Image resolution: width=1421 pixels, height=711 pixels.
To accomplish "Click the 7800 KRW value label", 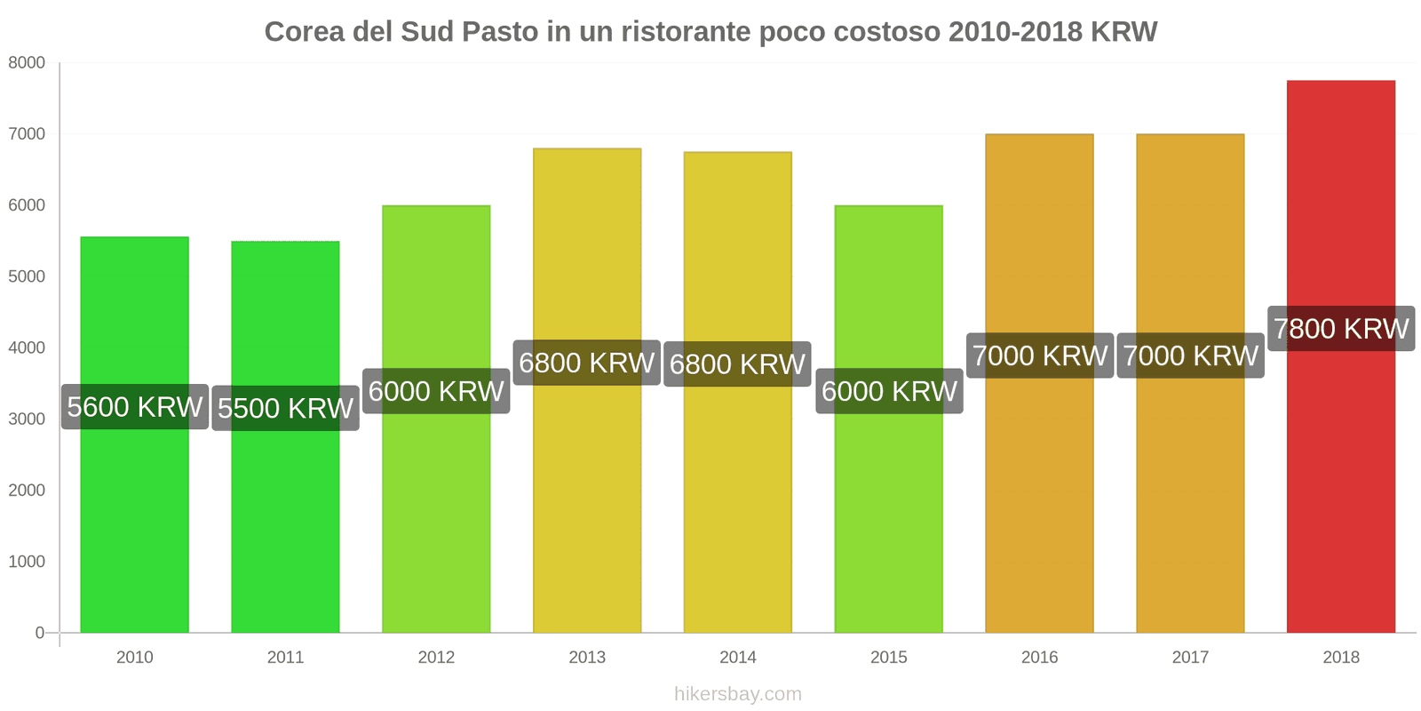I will pos(1340,329).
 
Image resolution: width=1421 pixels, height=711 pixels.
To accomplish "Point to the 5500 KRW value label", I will pos(285,408).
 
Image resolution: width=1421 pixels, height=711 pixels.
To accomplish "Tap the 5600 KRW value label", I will pos(135,407).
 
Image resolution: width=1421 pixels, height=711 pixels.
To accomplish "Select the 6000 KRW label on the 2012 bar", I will pos(436,391).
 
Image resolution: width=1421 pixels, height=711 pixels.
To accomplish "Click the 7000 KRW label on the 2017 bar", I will pos(1190,355).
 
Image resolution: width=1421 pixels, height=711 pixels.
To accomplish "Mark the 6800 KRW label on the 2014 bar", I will pos(737,364).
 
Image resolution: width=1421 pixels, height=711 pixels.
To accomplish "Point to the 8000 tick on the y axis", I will pos(27,63).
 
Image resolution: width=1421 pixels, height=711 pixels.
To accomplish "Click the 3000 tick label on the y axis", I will pos(27,419).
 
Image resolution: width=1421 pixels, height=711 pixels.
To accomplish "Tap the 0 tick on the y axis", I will pos(39,633).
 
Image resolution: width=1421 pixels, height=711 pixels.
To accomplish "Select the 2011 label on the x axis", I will pos(285,658).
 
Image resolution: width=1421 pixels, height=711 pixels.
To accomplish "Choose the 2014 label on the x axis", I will pos(737,658).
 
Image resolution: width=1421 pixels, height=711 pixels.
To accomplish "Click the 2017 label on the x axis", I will pos(1190,658).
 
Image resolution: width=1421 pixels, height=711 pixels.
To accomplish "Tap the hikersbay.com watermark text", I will pos(737,694).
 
